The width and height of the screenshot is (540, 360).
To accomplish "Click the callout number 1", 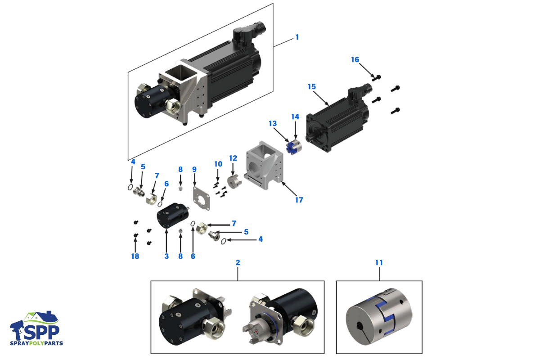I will [297, 37].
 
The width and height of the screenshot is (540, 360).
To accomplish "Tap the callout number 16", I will [355, 59].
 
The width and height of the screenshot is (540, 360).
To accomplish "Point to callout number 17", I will [299, 200].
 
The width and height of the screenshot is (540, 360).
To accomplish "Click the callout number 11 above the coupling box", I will [379, 262].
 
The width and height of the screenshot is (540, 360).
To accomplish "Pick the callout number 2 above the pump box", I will [238, 262].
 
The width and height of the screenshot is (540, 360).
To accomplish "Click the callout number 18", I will [135, 256].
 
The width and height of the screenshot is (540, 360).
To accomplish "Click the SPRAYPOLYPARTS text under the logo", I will [37, 343].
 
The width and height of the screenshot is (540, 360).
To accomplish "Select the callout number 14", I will [295, 117].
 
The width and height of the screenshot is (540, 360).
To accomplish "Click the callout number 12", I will [233, 158].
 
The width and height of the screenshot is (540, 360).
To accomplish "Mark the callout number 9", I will [194, 169].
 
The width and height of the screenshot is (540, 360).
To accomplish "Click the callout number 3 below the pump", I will [166, 256].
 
